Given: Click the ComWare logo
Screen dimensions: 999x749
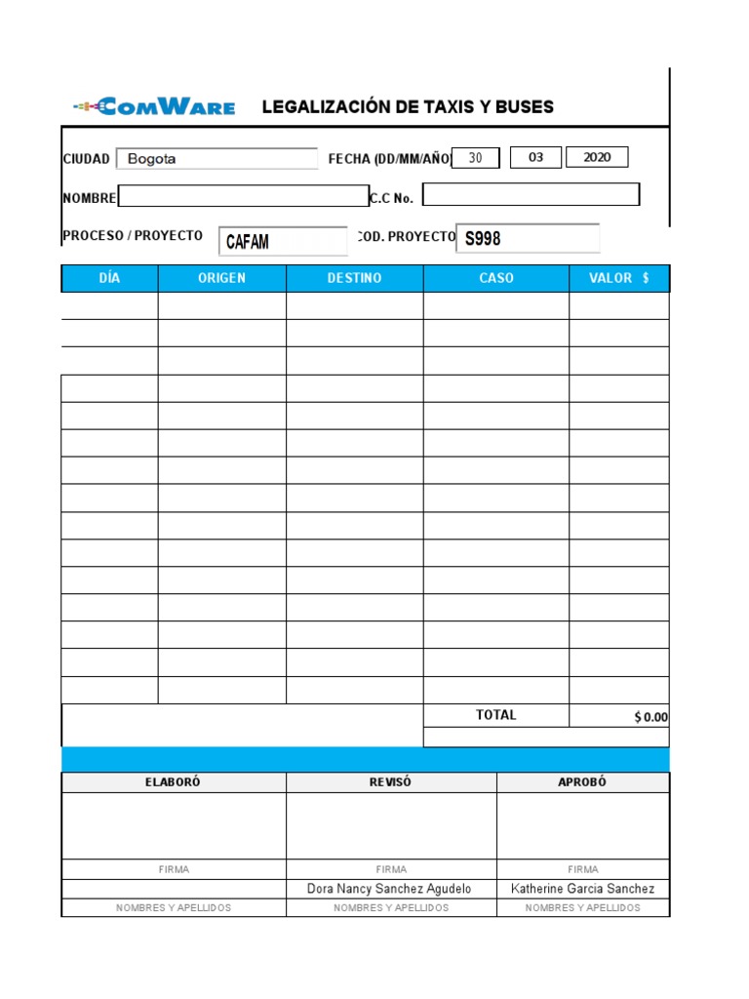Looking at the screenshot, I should click(x=154, y=107).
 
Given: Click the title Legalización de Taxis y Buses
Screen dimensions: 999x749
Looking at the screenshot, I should click(x=408, y=107).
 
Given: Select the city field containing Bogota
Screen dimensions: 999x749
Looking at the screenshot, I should click(x=217, y=158).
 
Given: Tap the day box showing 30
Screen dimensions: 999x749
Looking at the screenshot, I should click(x=476, y=158).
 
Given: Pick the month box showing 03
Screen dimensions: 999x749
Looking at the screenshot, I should click(x=535, y=157).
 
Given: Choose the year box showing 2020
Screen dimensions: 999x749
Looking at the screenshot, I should click(x=597, y=157).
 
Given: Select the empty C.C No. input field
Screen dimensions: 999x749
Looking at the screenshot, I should click(x=531, y=195).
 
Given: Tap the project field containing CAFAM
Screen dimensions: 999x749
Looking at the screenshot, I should click(x=283, y=241).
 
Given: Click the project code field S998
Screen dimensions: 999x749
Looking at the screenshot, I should click(x=528, y=238).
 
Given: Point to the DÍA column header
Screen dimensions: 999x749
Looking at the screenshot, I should click(x=109, y=278).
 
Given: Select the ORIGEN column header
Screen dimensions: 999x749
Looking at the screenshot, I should click(x=221, y=278).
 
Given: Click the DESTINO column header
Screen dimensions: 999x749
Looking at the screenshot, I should click(x=354, y=278).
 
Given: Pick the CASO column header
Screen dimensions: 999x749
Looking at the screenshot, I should click(x=495, y=278).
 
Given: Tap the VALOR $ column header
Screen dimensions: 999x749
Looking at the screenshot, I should click(x=619, y=278).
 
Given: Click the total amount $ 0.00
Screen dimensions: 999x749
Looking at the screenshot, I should click(x=650, y=717).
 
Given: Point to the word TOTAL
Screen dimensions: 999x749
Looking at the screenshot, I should click(x=495, y=715).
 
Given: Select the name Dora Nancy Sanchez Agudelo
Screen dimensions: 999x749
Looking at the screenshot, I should click(x=389, y=889).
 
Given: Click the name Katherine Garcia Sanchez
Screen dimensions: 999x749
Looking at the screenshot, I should click(x=582, y=889).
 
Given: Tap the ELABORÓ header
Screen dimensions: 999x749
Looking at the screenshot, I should click(x=173, y=782).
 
